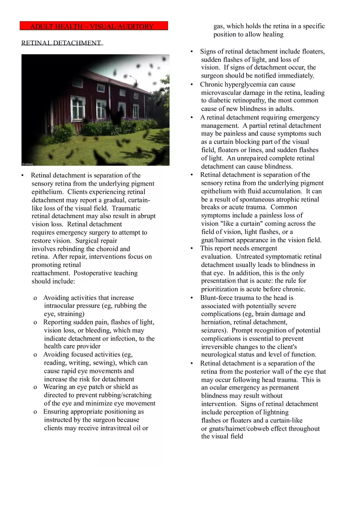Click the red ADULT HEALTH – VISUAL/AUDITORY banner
point(94,26)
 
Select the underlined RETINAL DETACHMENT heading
point(61,43)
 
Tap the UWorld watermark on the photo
point(28,164)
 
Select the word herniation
point(216,322)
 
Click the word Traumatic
point(126,208)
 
